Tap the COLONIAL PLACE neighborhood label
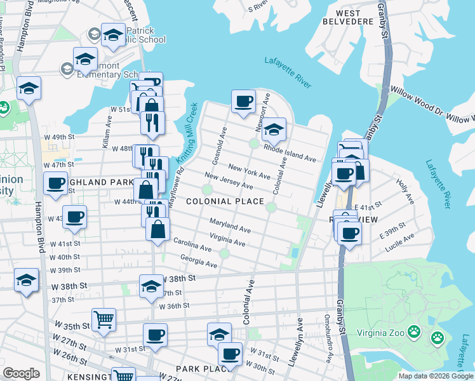[225, 201]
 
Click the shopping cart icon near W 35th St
[104, 320]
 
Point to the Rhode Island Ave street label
[290, 154]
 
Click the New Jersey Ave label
[229, 181]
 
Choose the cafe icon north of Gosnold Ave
[243, 101]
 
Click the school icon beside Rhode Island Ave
[274, 130]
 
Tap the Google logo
[21, 373]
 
